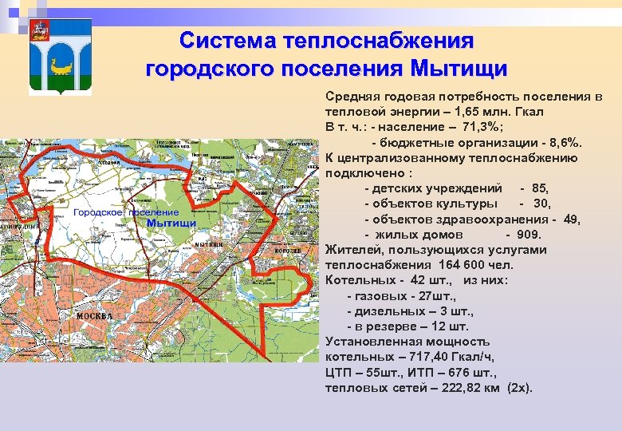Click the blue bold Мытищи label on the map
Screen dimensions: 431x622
[171, 223]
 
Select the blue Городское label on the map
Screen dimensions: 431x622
[97, 212]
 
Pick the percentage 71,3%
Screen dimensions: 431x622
[478, 127]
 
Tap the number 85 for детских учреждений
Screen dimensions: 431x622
[539, 188]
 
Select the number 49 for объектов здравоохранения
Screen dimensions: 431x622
[571, 219]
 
